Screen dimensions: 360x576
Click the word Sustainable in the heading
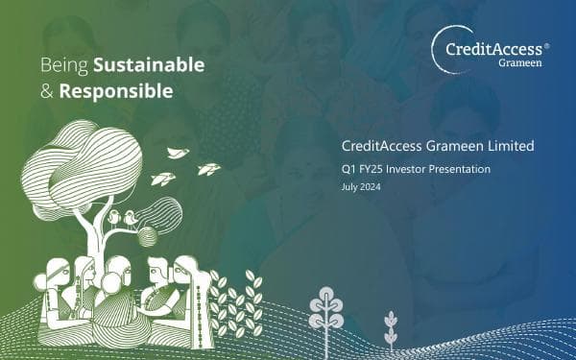(148, 65)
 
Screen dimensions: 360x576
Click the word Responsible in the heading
(116, 92)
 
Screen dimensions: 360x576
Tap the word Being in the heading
(64, 65)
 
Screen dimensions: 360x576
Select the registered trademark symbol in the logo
(546, 45)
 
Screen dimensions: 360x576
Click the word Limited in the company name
(508, 147)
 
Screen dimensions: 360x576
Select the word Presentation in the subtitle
(462, 170)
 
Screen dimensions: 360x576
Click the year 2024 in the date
(370, 186)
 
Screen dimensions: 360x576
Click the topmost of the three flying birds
(178, 153)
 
